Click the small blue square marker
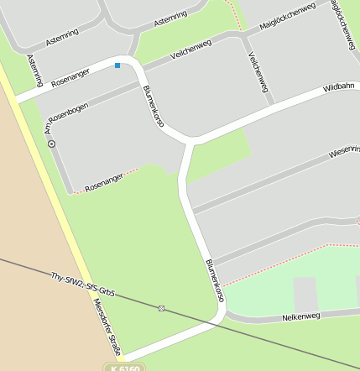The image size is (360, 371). tap(117, 65)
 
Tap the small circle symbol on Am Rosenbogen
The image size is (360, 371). tap(52, 144)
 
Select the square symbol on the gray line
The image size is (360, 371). tap(161, 308)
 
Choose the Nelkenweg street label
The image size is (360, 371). tap(303, 316)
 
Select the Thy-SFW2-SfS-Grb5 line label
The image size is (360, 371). tap(82, 285)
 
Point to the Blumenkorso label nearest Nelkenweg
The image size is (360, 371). tap(214, 280)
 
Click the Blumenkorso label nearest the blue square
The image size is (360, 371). tap(154, 107)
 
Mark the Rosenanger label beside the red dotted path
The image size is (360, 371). tap(104, 182)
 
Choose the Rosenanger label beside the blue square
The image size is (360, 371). tap(70, 79)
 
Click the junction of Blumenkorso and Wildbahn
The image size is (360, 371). tap(194, 139)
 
